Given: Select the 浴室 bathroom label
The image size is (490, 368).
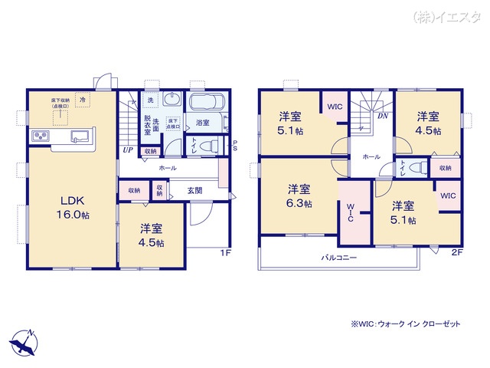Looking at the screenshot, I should point(203,122).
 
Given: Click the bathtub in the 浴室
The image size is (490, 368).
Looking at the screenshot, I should point(206,104).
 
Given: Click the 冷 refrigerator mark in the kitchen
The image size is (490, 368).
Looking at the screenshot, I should point(83,100).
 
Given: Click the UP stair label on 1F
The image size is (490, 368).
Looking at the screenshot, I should point(127,150).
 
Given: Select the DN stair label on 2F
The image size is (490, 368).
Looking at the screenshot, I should point(382,117).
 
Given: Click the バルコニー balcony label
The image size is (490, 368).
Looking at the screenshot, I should point(338,258).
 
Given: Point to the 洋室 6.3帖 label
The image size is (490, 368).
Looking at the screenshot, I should point(299,196).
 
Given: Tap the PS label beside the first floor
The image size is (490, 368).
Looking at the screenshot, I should point(235,145).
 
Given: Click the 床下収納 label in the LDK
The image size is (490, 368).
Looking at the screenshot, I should point(60,103).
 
